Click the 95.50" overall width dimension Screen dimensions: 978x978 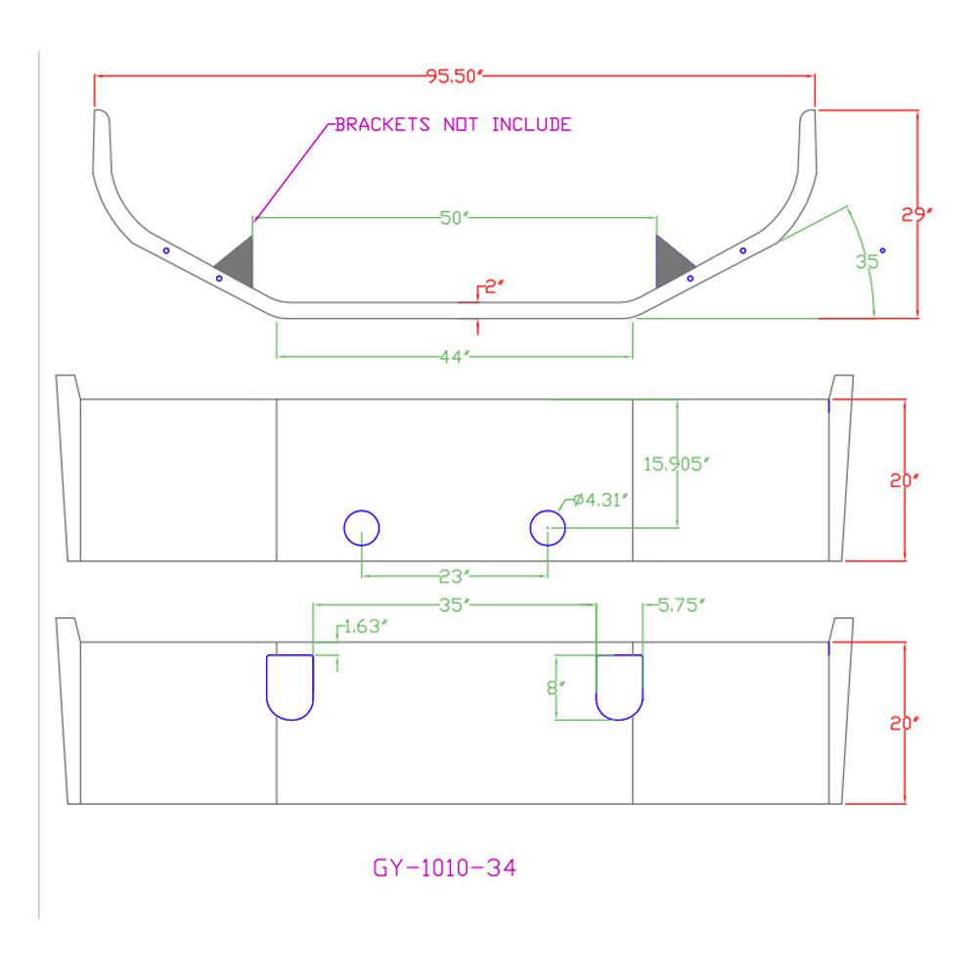coord(455,76)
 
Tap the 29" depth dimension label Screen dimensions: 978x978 coord(917,214)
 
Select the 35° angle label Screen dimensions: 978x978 coord(870,259)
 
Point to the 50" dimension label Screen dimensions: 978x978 coord(454,218)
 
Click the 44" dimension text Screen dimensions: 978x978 coord(455,357)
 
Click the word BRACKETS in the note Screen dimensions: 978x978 coord(382,125)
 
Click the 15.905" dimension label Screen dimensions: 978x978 coord(677,464)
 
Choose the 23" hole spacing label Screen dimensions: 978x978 coord(455,576)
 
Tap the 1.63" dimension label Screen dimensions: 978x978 coord(366,626)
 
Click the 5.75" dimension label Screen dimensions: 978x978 coord(682,605)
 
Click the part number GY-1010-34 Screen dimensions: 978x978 coord(445,867)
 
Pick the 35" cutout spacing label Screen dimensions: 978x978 coord(455,605)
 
